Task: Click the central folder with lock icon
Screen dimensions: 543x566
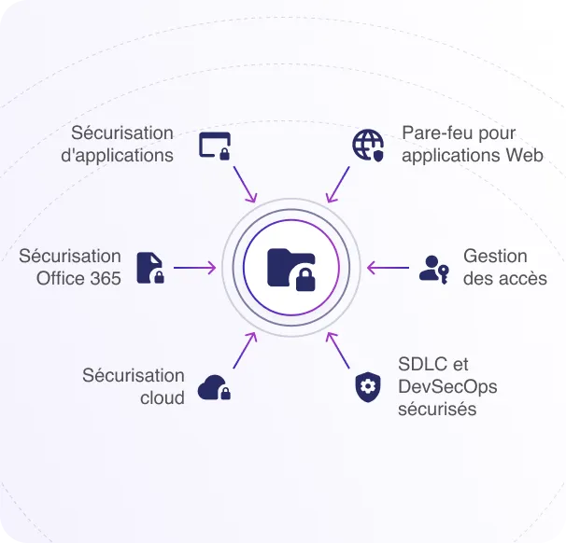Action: point(291,268)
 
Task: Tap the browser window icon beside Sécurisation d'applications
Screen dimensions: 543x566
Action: point(215,146)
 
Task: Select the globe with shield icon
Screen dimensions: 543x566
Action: point(368,145)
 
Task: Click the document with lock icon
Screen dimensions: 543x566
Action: point(150,268)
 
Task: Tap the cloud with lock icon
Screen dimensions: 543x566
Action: point(214,386)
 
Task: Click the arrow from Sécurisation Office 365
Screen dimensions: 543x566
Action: point(195,268)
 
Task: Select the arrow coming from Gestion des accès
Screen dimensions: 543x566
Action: point(388,268)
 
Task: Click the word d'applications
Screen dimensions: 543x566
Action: point(117,156)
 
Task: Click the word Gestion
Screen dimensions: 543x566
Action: point(495,256)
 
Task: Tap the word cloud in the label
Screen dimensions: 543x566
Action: point(163,397)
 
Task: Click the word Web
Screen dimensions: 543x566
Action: point(525,155)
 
